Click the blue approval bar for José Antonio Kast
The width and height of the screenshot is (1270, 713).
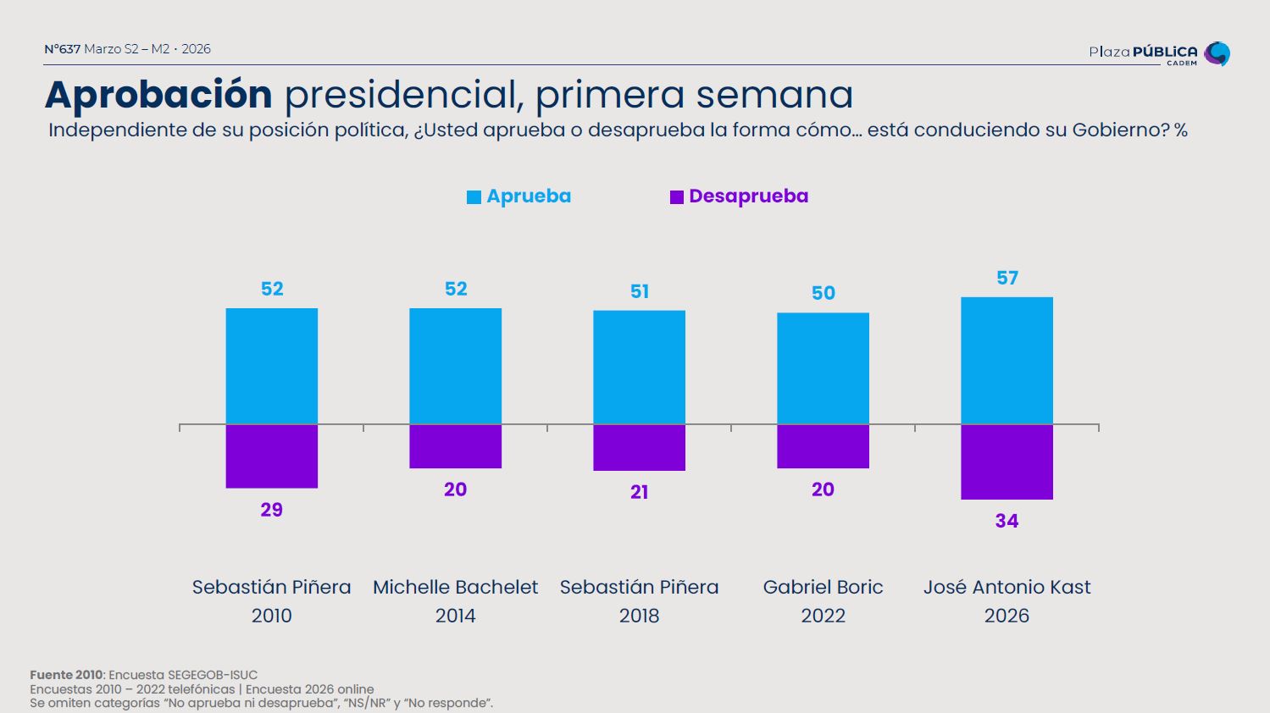(1007, 360)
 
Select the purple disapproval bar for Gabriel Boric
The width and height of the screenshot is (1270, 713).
(823, 446)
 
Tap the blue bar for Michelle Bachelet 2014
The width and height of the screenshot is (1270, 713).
(455, 366)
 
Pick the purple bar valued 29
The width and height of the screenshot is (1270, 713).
(271, 456)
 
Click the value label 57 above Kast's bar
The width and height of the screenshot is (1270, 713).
(1007, 278)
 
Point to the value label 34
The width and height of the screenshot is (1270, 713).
(1007, 521)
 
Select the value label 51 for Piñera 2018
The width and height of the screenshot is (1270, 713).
(640, 291)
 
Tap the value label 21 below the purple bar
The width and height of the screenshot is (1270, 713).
(640, 492)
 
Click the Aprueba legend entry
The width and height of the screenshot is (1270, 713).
(519, 196)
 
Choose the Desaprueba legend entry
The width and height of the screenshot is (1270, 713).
(739, 196)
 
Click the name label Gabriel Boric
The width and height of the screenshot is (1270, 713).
(823, 587)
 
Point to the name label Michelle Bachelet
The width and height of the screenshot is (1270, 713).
(455, 587)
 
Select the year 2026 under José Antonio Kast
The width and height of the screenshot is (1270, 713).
(1007, 616)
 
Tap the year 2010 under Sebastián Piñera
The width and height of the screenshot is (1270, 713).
(271, 616)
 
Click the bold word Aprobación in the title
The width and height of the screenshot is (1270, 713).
(158, 94)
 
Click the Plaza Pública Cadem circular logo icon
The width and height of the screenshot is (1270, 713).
(1217, 53)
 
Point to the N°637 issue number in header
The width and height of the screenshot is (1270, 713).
(62, 49)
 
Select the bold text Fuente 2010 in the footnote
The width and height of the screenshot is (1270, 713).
(66, 675)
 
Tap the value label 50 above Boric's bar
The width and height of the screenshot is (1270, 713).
(824, 293)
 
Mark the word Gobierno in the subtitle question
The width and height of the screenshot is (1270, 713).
(1120, 130)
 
